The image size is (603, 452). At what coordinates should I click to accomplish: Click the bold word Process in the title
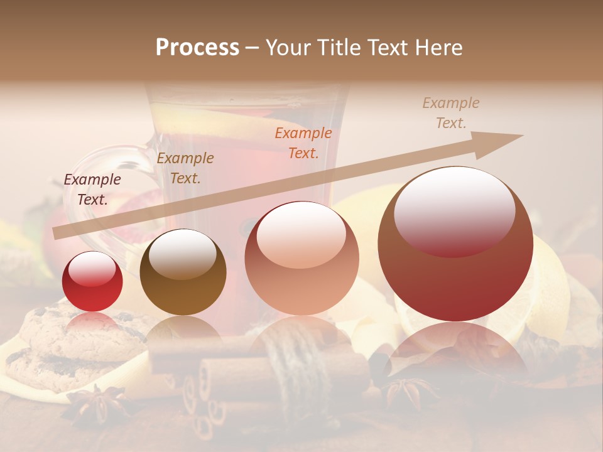pyautogui.click(x=197, y=48)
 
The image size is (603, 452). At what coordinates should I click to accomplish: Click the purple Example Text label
pyautogui.click(x=92, y=190)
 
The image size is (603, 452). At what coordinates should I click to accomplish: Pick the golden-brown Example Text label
pyautogui.click(x=185, y=168)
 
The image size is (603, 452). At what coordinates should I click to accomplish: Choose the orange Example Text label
pyautogui.click(x=303, y=143)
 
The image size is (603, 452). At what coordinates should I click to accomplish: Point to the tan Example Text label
pyautogui.click(x=450, y=113)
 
